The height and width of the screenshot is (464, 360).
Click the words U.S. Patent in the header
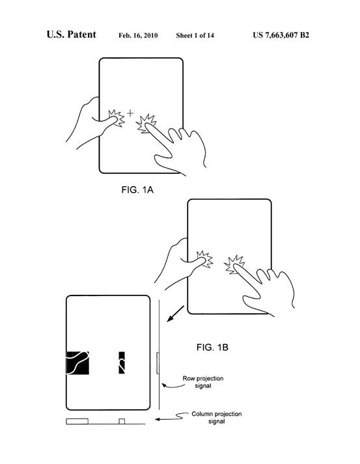[72, 34]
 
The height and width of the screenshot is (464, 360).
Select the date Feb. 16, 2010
[138, 36]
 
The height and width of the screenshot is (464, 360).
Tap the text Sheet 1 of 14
[195, 36]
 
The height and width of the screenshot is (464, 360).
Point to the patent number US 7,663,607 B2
[281, 35]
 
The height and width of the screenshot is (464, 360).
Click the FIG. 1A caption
[137, 189]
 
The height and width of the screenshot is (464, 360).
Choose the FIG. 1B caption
[212, 347]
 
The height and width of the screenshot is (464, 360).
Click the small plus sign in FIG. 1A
[130, 113]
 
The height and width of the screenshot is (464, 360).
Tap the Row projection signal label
[203, 382]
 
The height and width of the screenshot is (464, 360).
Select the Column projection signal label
[216, 418]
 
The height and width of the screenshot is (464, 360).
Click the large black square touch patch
[77, 362]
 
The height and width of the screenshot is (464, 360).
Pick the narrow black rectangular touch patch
[122, 362]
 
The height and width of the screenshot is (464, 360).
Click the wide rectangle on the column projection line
[77, 422]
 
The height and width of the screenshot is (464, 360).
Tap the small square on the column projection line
[122, 422]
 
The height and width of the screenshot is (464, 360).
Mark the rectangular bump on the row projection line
[158, 363]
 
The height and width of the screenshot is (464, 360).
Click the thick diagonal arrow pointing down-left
[176, 314]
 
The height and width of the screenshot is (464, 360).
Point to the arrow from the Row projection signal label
[173, 385]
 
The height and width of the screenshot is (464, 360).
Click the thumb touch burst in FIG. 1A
[116, 118]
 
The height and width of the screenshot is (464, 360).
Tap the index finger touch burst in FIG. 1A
[146, 124]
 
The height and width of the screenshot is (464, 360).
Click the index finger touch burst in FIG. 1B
[234, 265]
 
